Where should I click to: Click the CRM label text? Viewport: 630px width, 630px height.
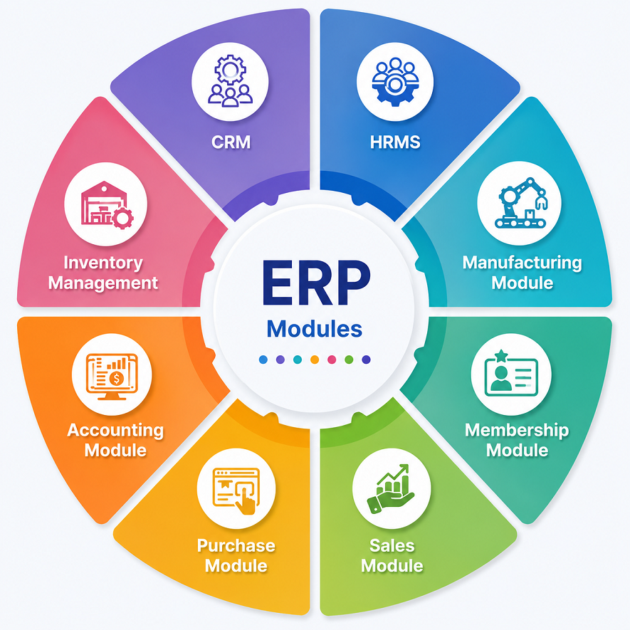coord(231,142)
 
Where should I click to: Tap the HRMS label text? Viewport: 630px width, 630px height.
coord(395,142)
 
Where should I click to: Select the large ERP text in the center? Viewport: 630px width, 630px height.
coord(316,283)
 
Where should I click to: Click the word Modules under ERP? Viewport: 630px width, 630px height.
coord(315,329)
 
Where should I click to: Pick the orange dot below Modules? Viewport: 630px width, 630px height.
coord(315,359)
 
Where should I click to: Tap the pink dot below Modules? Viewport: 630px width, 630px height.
coord(332,359)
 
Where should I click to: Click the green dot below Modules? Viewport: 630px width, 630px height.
coord(349,359)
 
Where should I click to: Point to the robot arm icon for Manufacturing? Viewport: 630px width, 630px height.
coord(521,203)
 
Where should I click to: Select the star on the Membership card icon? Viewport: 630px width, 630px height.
coord(501,355)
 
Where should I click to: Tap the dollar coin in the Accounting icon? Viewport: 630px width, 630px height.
coord(117,378)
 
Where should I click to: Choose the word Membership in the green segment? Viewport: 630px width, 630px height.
coord(517,430)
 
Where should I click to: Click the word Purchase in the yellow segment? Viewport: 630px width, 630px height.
coord(236,545)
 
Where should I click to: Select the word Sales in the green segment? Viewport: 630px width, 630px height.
coord(392,545)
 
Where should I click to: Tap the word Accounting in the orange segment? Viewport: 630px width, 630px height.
coord(115,431)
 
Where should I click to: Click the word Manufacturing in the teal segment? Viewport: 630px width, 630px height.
coord(523,263)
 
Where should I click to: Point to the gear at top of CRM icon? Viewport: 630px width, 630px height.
coord(230,70)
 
